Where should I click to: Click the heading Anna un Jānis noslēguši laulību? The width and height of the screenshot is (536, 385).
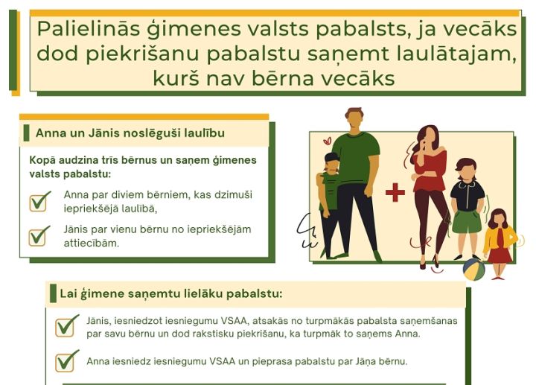[130, 133]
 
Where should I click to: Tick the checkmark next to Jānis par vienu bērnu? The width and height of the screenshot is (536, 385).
[40, 235]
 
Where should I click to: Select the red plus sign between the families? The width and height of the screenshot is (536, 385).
[395, 192]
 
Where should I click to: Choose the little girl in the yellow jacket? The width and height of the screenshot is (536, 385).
[499, 242]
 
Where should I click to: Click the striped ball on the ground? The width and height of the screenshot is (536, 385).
[474, 269]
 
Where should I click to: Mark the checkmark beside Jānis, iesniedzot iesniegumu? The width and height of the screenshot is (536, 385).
[67, 325]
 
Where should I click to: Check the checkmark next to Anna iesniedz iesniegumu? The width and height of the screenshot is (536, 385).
[67, 361]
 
